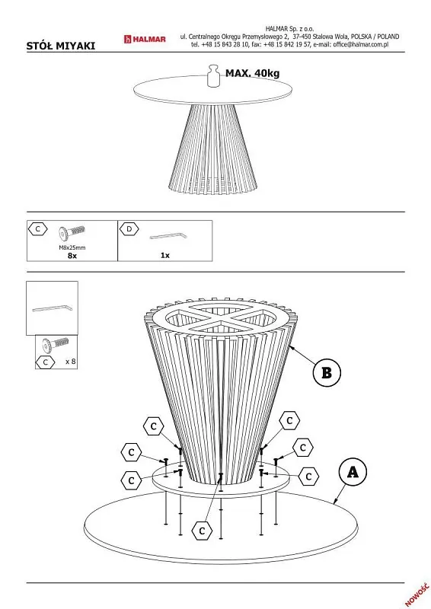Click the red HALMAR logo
145,40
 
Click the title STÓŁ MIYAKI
61,46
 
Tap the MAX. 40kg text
252,73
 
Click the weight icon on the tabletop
213,75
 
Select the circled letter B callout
327,373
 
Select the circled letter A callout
353,472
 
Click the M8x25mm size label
72,247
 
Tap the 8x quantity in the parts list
72,256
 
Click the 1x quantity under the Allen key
165,255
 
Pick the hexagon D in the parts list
129,229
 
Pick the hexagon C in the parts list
38,229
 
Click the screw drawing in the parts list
72,234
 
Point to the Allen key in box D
168,236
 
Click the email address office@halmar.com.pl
361,44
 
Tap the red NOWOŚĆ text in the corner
417,595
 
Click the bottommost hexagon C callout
202,531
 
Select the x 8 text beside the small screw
71,362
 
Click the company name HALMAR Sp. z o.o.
290,29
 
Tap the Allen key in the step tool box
52,309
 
